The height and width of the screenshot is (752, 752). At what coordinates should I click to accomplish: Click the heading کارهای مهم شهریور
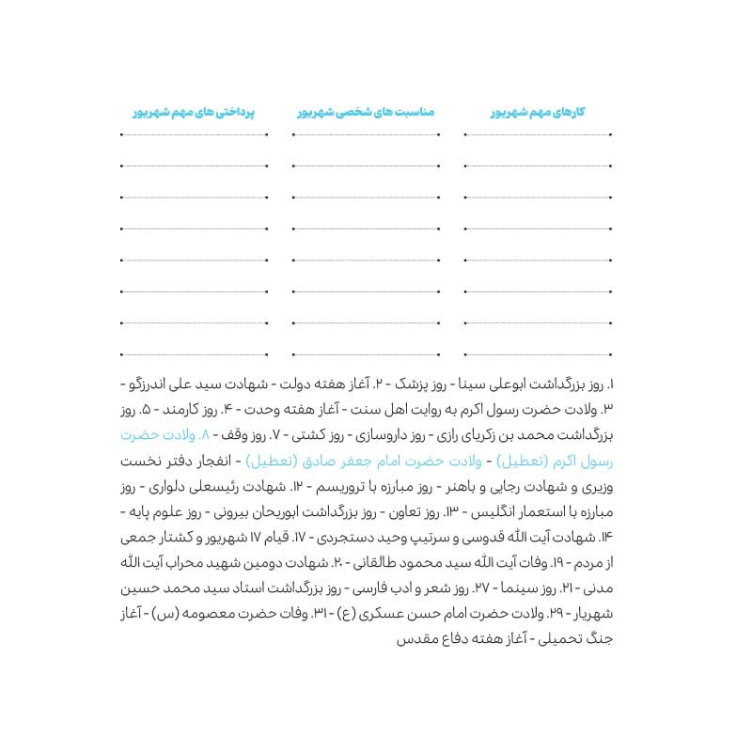[538, 112]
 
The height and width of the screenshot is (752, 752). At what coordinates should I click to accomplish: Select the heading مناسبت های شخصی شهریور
[366, 112]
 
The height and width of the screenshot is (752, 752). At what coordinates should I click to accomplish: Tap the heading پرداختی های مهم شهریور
[194, 112]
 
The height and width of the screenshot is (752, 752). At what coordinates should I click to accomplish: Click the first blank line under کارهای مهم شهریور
[538, 135]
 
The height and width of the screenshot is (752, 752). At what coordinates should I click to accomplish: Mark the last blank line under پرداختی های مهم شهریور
[195, 354]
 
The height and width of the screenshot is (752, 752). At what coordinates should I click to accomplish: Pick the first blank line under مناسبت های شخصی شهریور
[367, 135]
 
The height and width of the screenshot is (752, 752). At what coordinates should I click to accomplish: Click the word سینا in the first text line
[469, 384]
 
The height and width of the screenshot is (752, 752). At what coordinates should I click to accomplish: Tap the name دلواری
[167, 487]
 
